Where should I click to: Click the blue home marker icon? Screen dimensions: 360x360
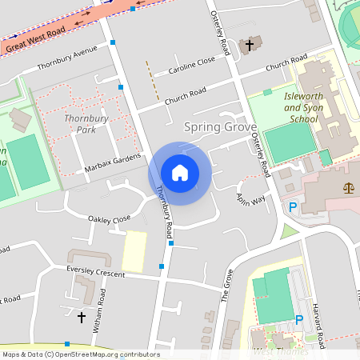point(179,173)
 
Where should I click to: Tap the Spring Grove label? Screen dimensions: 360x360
point(220,126)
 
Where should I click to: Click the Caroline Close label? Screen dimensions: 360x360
point(192,65)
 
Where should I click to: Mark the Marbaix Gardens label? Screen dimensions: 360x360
point(113,164)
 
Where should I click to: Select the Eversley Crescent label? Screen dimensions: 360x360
point(98,270)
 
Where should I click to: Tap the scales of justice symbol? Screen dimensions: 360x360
point(349,187)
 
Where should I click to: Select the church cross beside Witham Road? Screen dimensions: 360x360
point(81,318)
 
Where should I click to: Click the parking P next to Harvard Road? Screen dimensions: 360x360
point(299,320)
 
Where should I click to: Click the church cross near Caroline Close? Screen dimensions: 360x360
point(250,45)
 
